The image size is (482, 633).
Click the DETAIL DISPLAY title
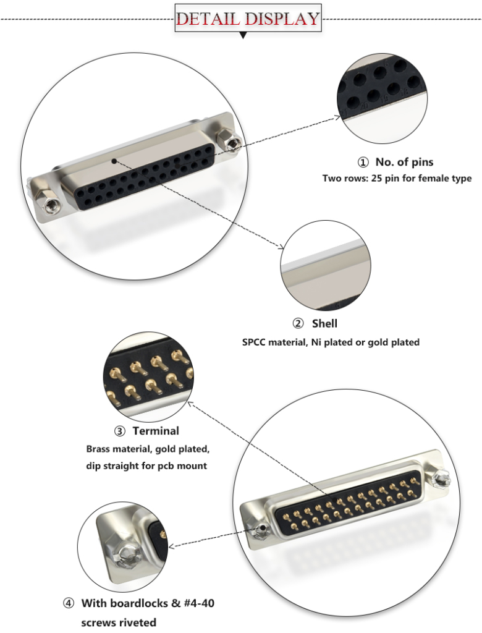247,18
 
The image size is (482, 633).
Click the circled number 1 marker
363,163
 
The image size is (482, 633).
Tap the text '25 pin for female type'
420,179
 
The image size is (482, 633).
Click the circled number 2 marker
298,323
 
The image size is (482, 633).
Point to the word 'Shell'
324,323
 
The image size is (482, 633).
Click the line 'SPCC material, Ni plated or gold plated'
331,342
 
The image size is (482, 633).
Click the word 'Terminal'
156,431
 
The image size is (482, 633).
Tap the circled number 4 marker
69,603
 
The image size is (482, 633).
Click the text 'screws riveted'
119,622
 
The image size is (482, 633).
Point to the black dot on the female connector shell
114,161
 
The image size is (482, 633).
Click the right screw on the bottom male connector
442,478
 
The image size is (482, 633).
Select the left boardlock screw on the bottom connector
261,529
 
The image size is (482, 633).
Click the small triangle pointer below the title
243,36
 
